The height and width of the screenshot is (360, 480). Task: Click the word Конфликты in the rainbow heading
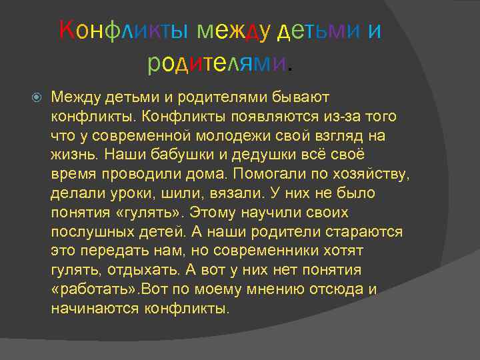(x=121, y=30)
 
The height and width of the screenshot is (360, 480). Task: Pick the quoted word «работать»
(x=91, y=290)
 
